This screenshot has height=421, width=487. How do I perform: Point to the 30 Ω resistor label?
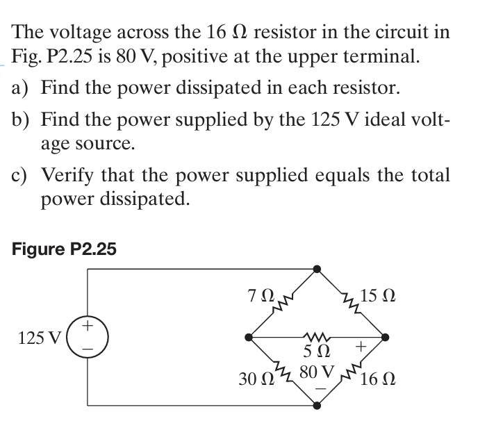[253, 379]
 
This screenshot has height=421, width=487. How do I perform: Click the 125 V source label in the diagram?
[40, 338]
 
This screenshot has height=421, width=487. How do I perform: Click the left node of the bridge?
[248, 338]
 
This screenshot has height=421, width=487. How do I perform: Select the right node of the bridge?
[387, 338]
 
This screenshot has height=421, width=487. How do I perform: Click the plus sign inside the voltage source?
[88, 325]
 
